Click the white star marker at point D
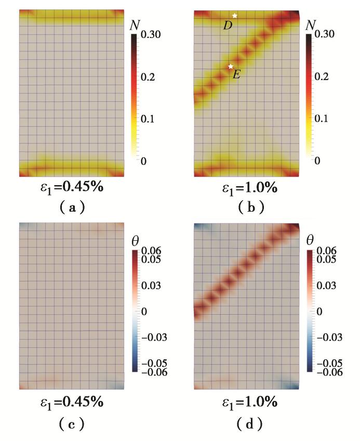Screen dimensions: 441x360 pos(235,16)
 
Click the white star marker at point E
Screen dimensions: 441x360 pos(231,66)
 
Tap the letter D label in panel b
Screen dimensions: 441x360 pos(228,25)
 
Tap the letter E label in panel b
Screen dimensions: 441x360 pos(236,74)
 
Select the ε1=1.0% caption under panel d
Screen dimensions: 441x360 pos(246,401)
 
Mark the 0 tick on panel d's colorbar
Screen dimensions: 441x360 pos(319,312)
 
